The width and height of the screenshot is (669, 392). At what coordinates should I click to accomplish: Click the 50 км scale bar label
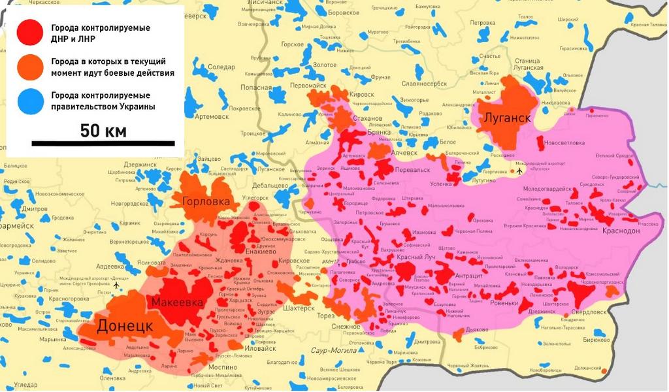pyautogui.click(x=103, y=131)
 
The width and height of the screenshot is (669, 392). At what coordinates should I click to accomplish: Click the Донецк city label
pyautogui.click(x=125, y=325)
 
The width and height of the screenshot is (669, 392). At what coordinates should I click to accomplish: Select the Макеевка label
pyautogui.click(x=178, y=302)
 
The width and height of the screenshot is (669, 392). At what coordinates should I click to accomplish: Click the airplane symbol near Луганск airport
pyautogui.click(x=519, y=171)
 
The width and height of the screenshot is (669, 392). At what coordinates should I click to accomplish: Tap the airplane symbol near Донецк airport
pyautogui.click(x=116, y=285)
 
